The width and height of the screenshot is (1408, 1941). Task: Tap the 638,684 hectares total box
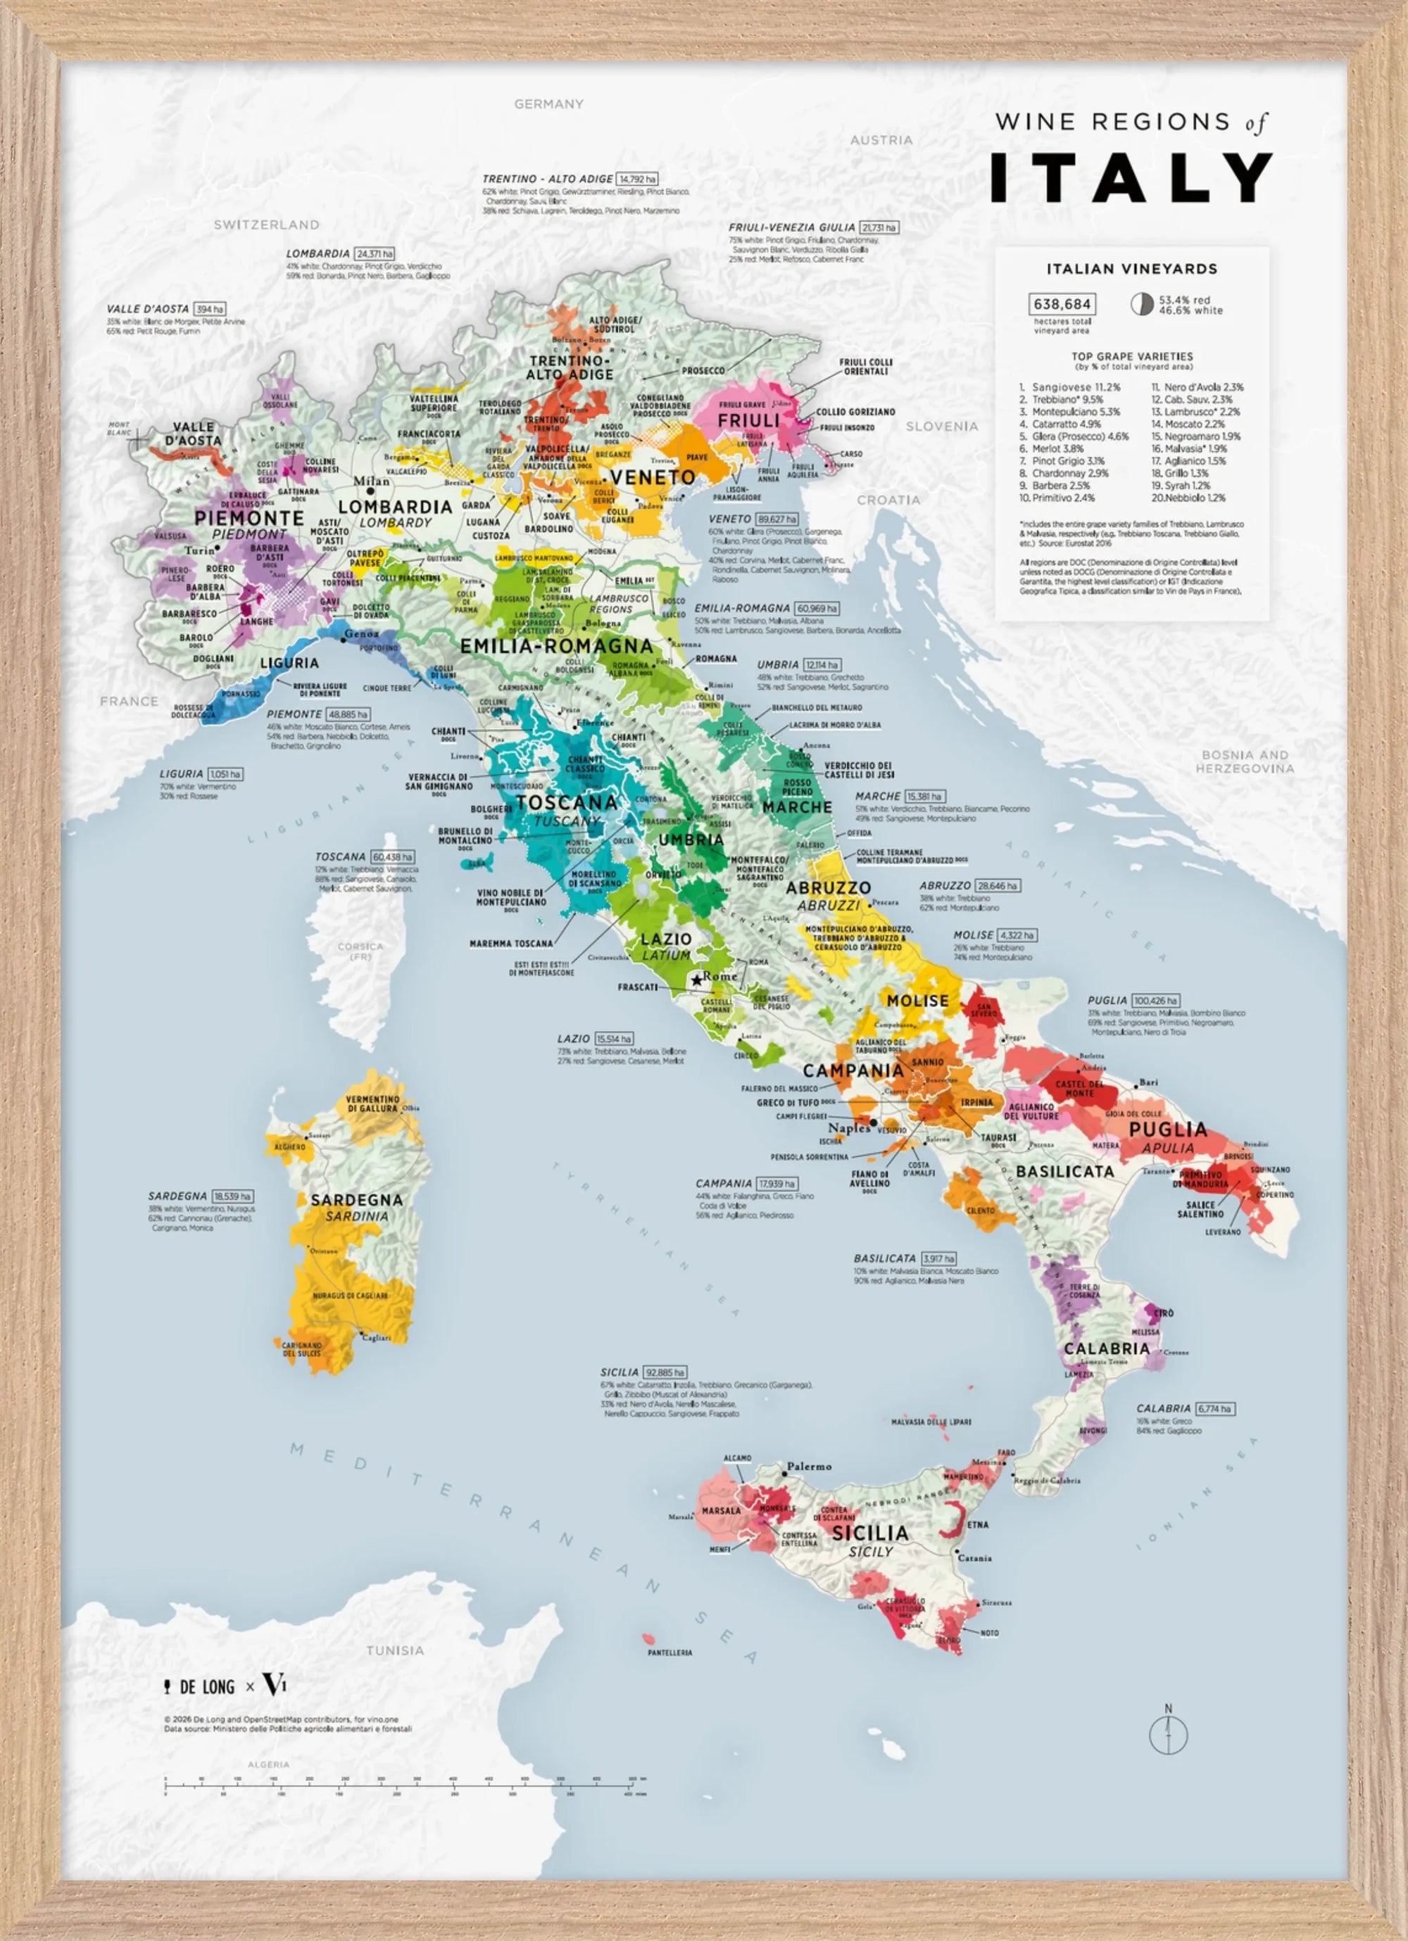tap(1062, 304)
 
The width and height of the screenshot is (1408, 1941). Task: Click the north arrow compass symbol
tap(1169, 1733)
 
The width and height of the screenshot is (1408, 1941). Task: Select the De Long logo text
tap(206, 1687)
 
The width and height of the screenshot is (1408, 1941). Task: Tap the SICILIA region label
tap(869, 1532)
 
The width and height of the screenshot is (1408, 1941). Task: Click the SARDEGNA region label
tap(356, 1200)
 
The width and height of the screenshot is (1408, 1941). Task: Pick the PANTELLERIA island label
tap(670, 1652)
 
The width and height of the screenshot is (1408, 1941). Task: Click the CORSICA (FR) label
tap(360, 951)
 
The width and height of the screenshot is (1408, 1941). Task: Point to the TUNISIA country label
tap(394, 1650)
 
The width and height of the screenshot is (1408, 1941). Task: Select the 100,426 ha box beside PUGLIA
tap(1155, 999)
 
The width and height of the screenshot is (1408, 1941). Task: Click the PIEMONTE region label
tap(249, 519)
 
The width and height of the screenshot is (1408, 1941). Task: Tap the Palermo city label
tap(809, 1466)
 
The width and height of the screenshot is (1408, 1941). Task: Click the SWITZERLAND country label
tap(266, 225)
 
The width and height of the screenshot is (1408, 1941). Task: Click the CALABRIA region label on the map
tap(1106, 1348)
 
